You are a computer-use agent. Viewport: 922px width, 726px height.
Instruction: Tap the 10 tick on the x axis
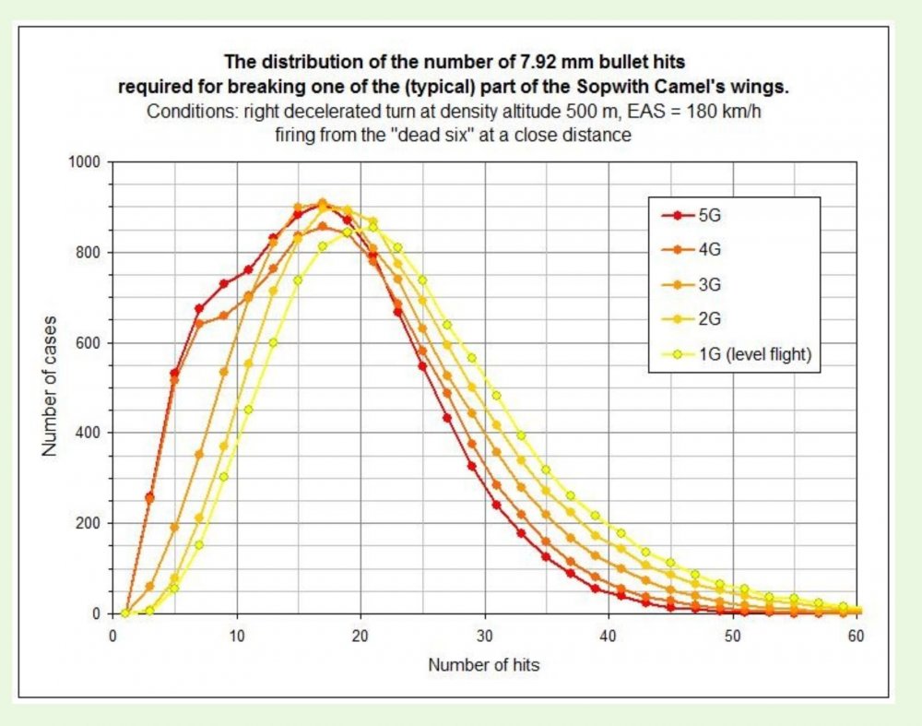tap(237, 636)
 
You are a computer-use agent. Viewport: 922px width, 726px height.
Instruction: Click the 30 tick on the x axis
tap(485, 636)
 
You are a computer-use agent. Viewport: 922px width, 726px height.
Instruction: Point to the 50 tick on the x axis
tap(733, 636)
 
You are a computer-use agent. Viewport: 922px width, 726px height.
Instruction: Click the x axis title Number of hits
tap(485, 663)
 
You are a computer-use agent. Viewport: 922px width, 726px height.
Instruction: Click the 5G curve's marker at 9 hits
tap(224, 283)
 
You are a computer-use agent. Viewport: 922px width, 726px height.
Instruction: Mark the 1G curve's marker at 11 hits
tap(249, 410)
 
